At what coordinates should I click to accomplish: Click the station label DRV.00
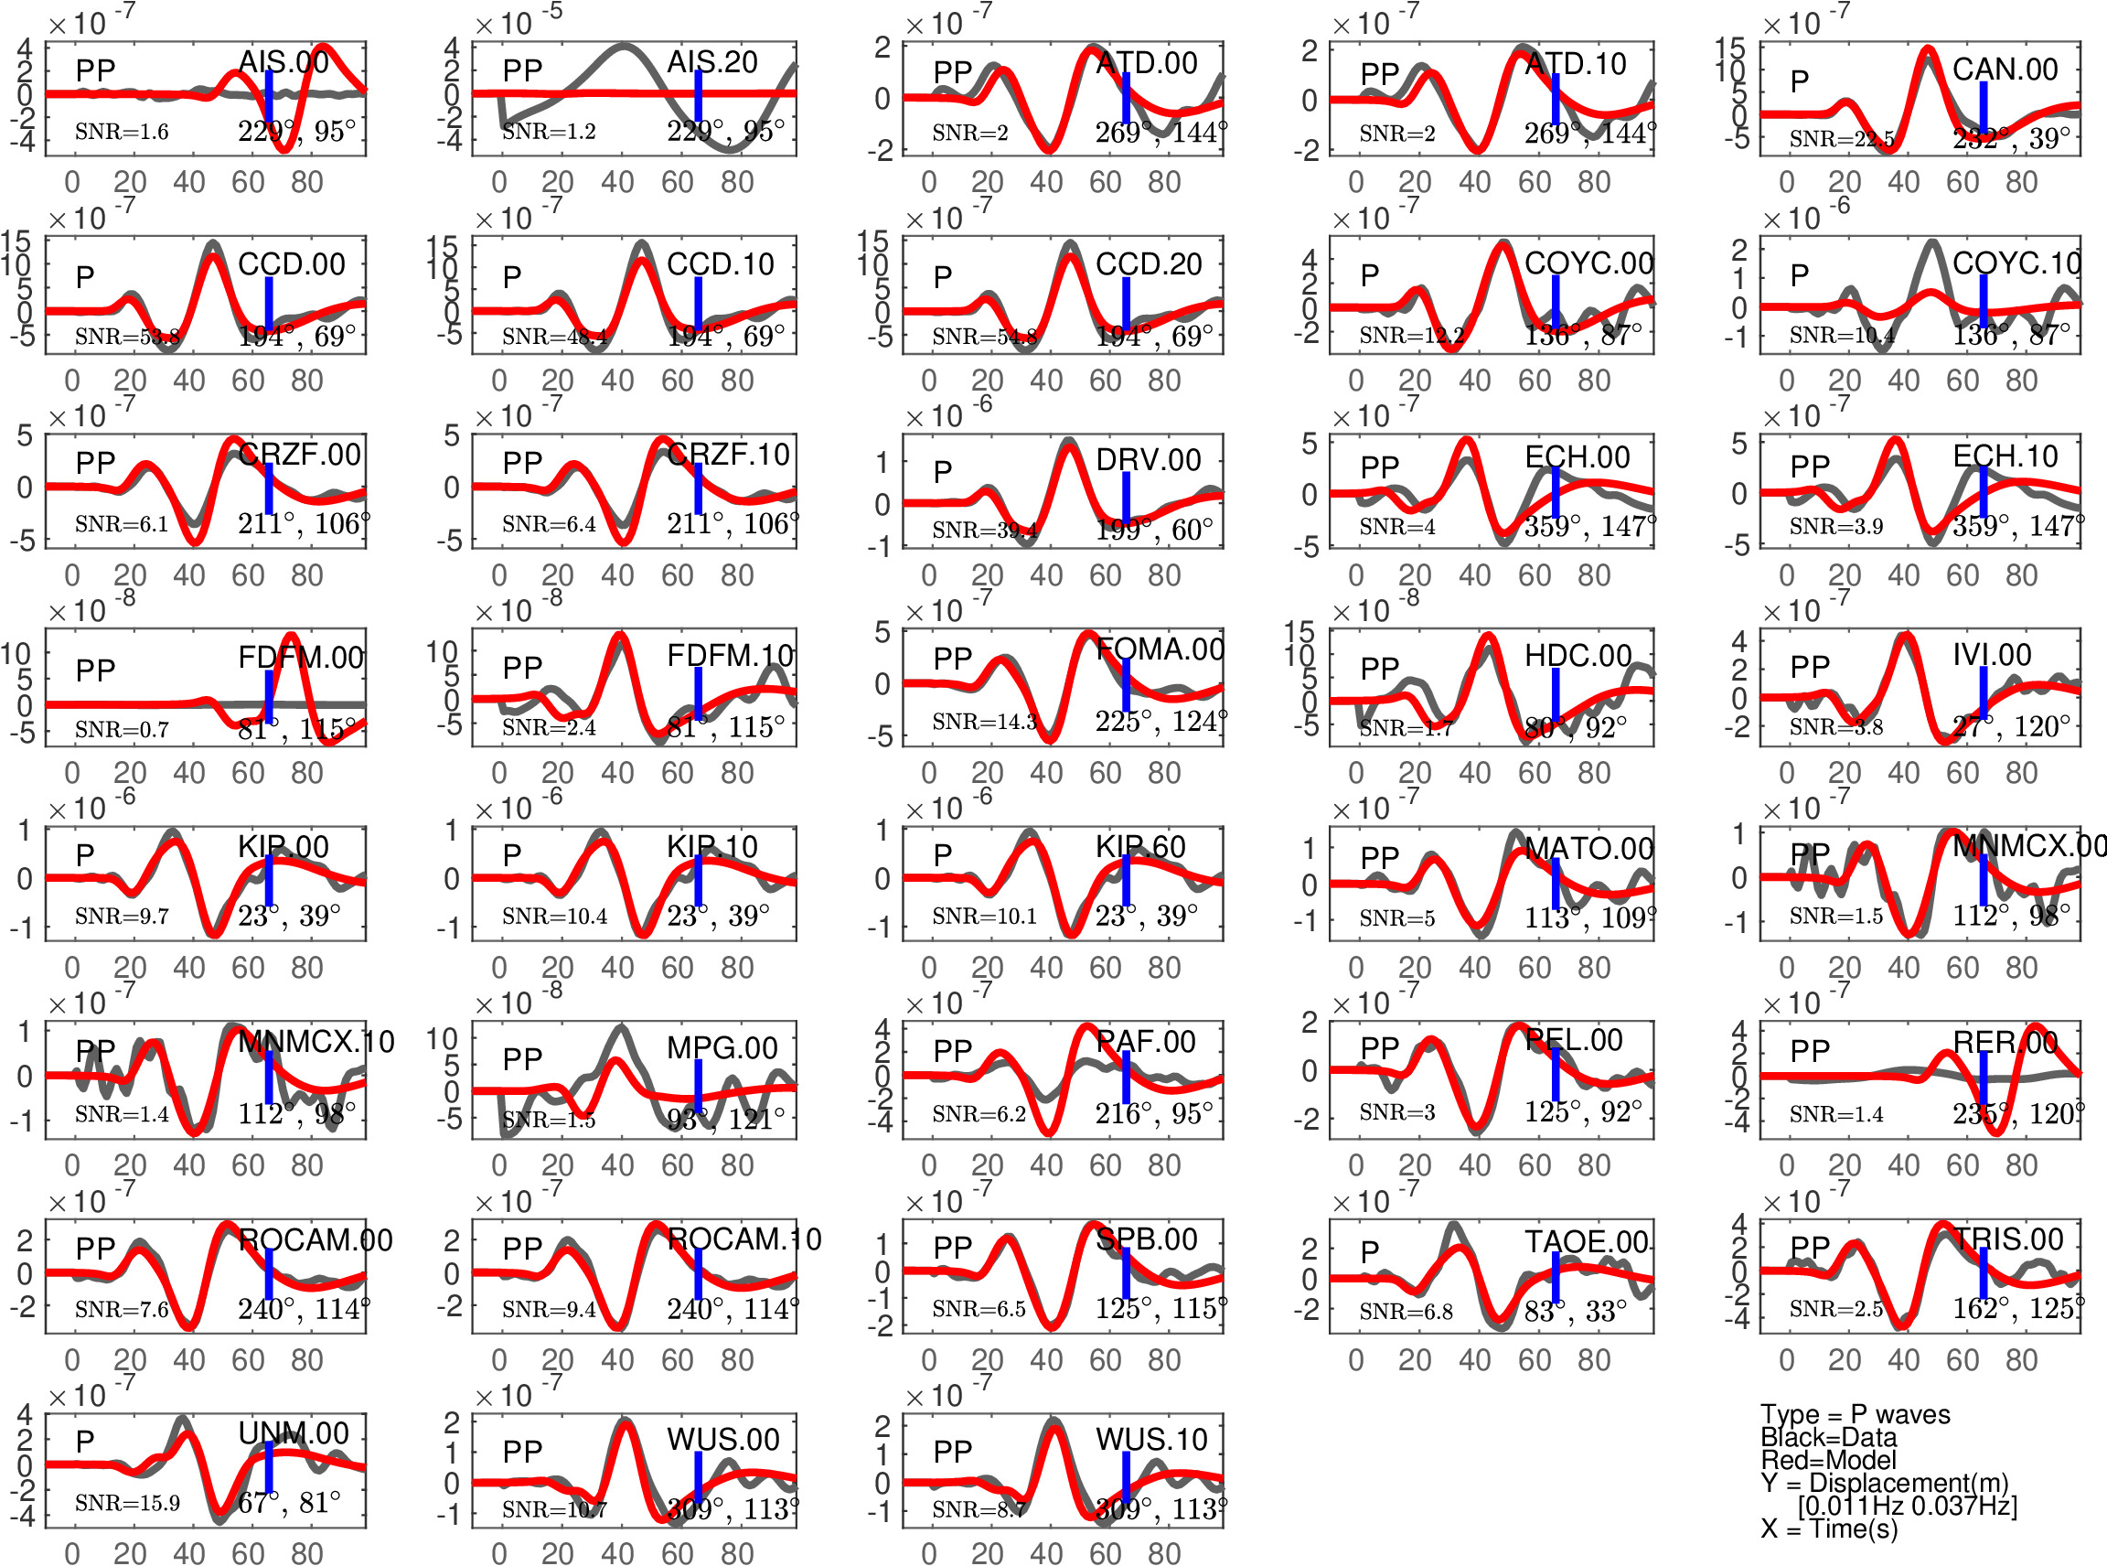point(1148,460)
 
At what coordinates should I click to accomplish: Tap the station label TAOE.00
point(1586,1242)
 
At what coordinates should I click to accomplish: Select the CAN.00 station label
point(2005,70)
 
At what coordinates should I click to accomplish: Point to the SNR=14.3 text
point(984,723)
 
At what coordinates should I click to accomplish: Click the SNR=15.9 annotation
point(127,1504)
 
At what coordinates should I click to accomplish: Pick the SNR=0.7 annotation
point(122,729)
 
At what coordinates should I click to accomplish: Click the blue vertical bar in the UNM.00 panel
point(269,1467)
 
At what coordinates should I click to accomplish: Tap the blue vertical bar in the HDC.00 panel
point(1556,694)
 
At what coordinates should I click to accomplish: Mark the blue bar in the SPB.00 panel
point(1126,1273)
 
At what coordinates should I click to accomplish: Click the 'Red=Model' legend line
point(1828,1460)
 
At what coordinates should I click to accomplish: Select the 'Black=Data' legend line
point(1828,1437)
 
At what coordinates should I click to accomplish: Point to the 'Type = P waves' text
point(1855,1414)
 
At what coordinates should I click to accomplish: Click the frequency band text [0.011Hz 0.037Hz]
point(1907,1506)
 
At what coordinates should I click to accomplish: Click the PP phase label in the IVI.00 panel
point(1810,668)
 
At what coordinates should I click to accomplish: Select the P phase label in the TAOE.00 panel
point(1370,1251)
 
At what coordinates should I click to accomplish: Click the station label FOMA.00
point(1160,649)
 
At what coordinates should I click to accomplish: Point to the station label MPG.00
point(722,1047)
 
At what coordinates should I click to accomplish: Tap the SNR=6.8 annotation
point(1406,1311)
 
